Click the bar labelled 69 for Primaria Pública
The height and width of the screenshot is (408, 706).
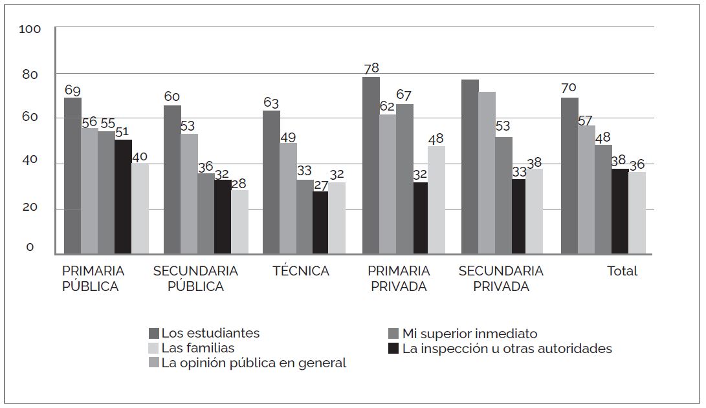click(72, 175)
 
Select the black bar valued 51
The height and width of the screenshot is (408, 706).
click(123, 197)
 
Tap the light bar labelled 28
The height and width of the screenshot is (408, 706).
click(239, 221)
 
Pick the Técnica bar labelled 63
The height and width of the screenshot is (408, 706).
click(271, 182)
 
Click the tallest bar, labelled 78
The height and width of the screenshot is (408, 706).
click(371, 165)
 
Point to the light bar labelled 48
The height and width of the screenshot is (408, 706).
click(437, 200)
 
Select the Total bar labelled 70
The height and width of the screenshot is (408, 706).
click(569, 175)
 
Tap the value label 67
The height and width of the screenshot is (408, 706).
click(404, 95)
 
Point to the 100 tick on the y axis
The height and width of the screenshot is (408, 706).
click(30, 29)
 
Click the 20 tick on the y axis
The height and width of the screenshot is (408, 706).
click(30, 208)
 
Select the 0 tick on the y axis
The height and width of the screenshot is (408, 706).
click(30, 248)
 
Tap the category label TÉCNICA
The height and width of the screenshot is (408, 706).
click(301, 271)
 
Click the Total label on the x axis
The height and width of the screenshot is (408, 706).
click(622, 271)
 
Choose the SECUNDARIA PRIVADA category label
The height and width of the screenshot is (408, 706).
click(501, 279)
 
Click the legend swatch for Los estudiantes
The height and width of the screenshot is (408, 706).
click(154, 334)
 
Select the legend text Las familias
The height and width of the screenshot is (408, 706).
click(198, 349)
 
